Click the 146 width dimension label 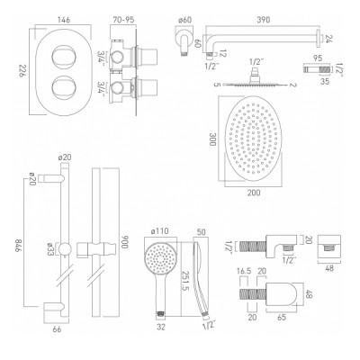(63, 21)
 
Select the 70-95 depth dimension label (123, 21)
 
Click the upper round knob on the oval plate (63, 56)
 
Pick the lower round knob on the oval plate (63, 87)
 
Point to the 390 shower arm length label (264, 21)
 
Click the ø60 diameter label (184, 21)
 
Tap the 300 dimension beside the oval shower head (212, 139)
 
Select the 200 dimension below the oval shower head (254, 193)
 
